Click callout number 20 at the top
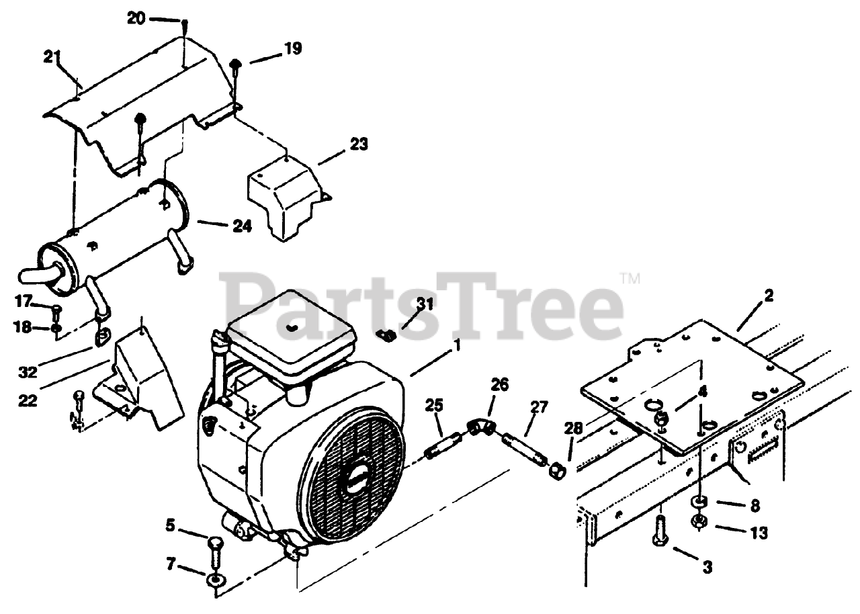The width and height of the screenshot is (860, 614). (x=136, y=19)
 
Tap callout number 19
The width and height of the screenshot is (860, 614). (x=292, y=48)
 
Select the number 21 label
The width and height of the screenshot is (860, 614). (x=53, y=57)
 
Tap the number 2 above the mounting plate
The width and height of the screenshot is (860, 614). (x=769, y=295)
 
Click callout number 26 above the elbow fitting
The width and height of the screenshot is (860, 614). (x=499, y=385)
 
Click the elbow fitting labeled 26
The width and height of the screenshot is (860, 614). (x=482, y=428)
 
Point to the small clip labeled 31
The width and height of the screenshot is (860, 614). (x=388, y=334)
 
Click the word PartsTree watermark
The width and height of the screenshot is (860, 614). (x=423, y=306)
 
